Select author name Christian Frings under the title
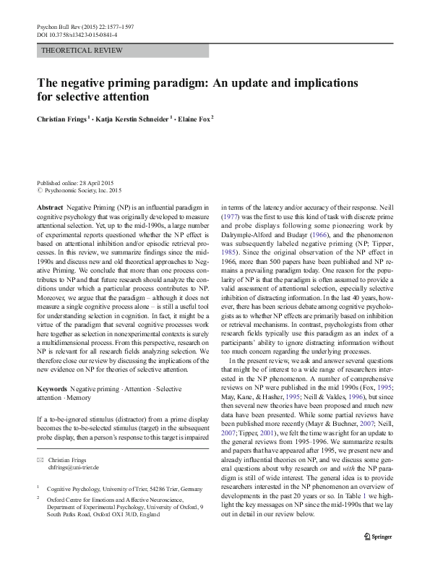(x=61, y=118)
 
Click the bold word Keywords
(x=53, y=389)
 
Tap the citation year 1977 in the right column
(x=231, y=216)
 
